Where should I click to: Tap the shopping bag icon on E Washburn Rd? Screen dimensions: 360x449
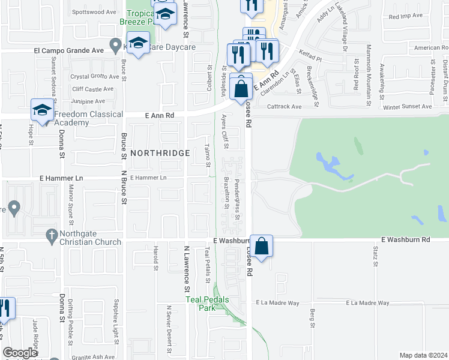coord(262,246)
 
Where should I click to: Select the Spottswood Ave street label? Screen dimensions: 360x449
coord(94,12)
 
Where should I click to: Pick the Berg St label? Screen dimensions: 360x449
coord(313,315)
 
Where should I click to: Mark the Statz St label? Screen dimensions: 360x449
coord(375,255)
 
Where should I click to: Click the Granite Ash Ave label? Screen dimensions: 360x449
coord(94,356)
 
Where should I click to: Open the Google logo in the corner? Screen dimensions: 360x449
coord(20,353)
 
